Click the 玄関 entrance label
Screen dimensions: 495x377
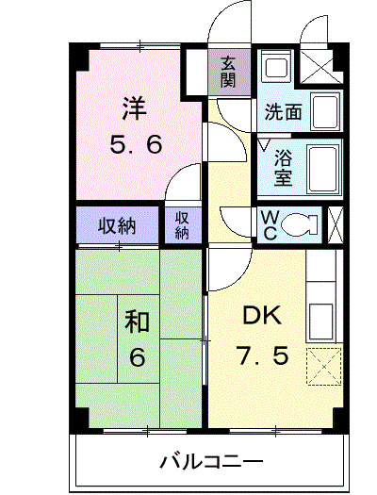tap(228, 72)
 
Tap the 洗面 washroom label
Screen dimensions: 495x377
tap(283, 112)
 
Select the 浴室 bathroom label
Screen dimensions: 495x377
tap(283, 168)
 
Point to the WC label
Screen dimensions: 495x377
tap(269, 225)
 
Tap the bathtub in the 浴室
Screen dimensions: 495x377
tap(324, 167)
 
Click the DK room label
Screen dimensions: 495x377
tap(257, 316)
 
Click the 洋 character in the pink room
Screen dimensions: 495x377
tap(133, 108)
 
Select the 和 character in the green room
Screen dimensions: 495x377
tap(138, 322)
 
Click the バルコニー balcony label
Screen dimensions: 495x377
tap(211, 462)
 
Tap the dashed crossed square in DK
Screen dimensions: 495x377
tap(323, 365)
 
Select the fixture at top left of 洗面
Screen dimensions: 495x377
tap(276, 68)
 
